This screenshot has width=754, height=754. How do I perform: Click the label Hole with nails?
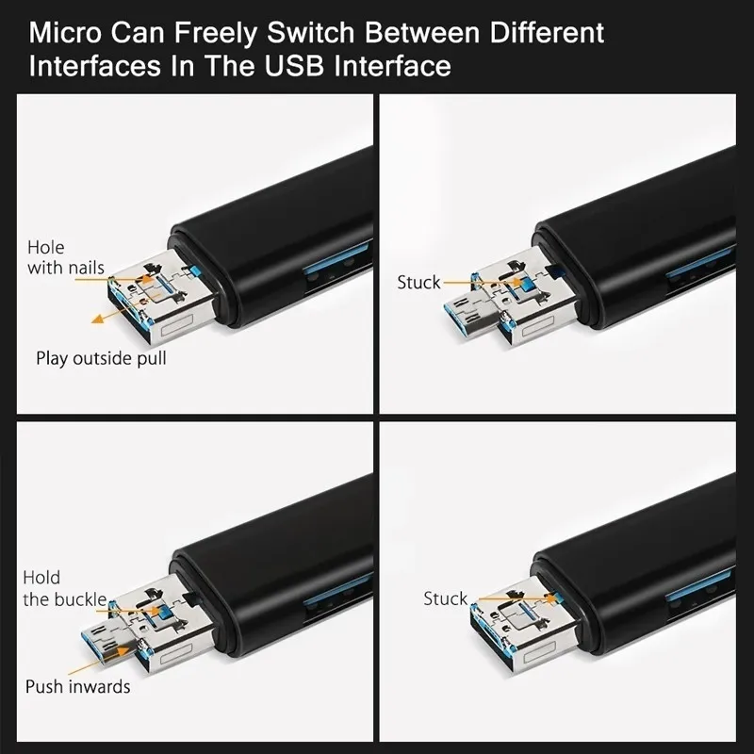(65, 257)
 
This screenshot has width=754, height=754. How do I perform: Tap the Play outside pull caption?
(101, 359)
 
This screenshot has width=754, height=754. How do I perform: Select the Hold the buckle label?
(64, 588)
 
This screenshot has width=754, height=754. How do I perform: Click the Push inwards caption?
(77, 686)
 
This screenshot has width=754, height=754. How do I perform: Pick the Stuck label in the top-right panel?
(418, 283)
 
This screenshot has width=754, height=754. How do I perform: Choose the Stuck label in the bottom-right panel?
(445, 598)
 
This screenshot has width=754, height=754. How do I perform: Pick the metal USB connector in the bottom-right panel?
(514, 627)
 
